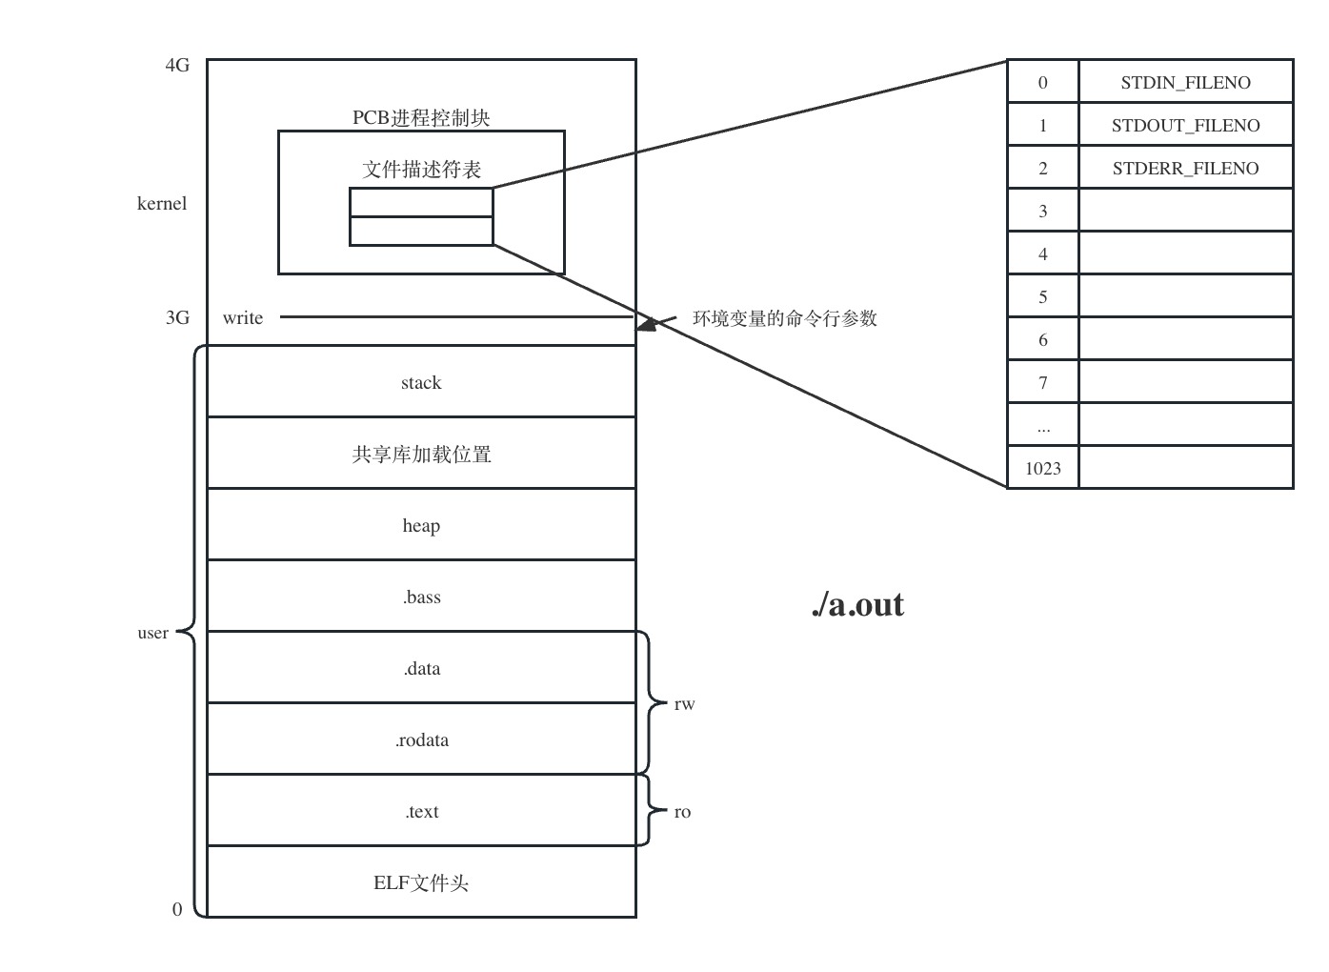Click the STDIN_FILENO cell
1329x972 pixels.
(x=1185, y=83)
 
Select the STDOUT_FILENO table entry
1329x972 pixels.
(x=1185, y=126)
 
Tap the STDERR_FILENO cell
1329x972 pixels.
(x=1185, y=169)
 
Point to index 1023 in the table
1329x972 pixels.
(x=1043, y=468)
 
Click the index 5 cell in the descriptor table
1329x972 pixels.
(x=1043, y=297)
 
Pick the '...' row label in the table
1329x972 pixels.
(x=1043, y=427)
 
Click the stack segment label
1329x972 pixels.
(x=421, y=383)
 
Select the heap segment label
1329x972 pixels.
(x=421, y=526)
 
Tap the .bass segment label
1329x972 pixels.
(x=421, y=597)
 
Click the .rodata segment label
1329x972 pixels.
(x=421, y=740)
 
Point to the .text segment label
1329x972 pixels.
(x=421, y=812)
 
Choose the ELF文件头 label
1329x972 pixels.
(x=421, y=883)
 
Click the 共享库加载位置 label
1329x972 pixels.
(x=421, y=455)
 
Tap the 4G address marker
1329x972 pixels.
(x=177, y=66)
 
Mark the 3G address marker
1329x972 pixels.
(x=177, y=318)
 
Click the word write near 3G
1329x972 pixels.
(x=243, y=318)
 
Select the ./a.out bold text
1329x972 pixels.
(x=857, y=604)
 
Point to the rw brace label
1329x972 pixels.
(x=684, y=705)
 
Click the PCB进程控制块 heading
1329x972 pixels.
(x=421, y=118)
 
